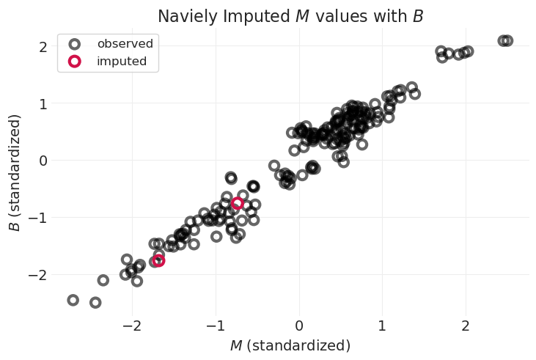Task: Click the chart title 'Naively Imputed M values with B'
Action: [x=290, y=15]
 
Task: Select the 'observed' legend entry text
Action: [x=125, y=44]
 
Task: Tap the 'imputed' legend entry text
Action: [x=121, y=62]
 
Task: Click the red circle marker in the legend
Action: [x=74, y=62]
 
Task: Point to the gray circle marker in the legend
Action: [x=74, y=44]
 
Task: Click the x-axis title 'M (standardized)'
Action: [x=290, y=345]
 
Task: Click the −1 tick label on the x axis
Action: [x=213, y=326]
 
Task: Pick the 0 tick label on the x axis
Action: [x=299, y=326]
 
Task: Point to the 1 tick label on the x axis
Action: [x=382, y=326]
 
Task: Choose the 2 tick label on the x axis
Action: [x=466, y=326]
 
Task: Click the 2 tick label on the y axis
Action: [x=43, y=47]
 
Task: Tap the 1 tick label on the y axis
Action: [x=43, y=104]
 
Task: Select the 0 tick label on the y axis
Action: [x=43, y=161]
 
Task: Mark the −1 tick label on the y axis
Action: [x=40, y=218]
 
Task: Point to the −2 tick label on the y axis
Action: [x=40, y=275]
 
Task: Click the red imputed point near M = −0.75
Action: [x=238, y=203]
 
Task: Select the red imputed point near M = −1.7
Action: [x=158, y=260]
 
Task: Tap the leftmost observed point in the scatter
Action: [x=73, y=300]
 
